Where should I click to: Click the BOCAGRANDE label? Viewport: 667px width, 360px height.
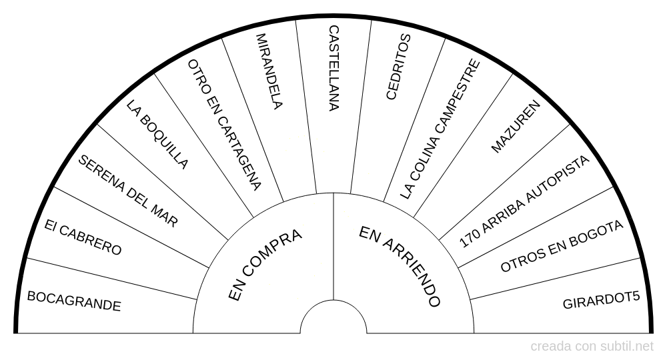point(74,301)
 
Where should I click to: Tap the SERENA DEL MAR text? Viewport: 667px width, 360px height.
point(128,191)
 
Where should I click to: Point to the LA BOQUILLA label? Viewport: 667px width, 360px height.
point(157,134)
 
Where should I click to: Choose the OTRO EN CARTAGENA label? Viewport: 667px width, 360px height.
point(224,125)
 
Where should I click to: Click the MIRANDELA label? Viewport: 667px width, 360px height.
point(269,71)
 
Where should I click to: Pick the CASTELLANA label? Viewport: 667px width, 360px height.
point(334,68)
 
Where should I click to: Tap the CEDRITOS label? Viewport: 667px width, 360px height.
point(399,67)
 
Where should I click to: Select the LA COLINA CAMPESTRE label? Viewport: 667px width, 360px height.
point(440,129)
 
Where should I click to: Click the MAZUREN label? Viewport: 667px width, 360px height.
point(516,126)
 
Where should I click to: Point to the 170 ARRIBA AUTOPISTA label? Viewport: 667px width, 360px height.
point(524,201)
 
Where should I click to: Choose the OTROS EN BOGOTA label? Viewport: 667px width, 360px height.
point(562,246)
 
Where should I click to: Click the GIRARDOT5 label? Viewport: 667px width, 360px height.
point(601,300)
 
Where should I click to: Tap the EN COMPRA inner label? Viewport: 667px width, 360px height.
point(265,265)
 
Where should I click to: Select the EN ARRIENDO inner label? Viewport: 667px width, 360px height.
point(400,266)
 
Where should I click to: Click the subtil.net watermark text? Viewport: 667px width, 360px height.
point(627,347)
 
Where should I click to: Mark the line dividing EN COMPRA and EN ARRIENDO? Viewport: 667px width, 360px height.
point(333,247)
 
